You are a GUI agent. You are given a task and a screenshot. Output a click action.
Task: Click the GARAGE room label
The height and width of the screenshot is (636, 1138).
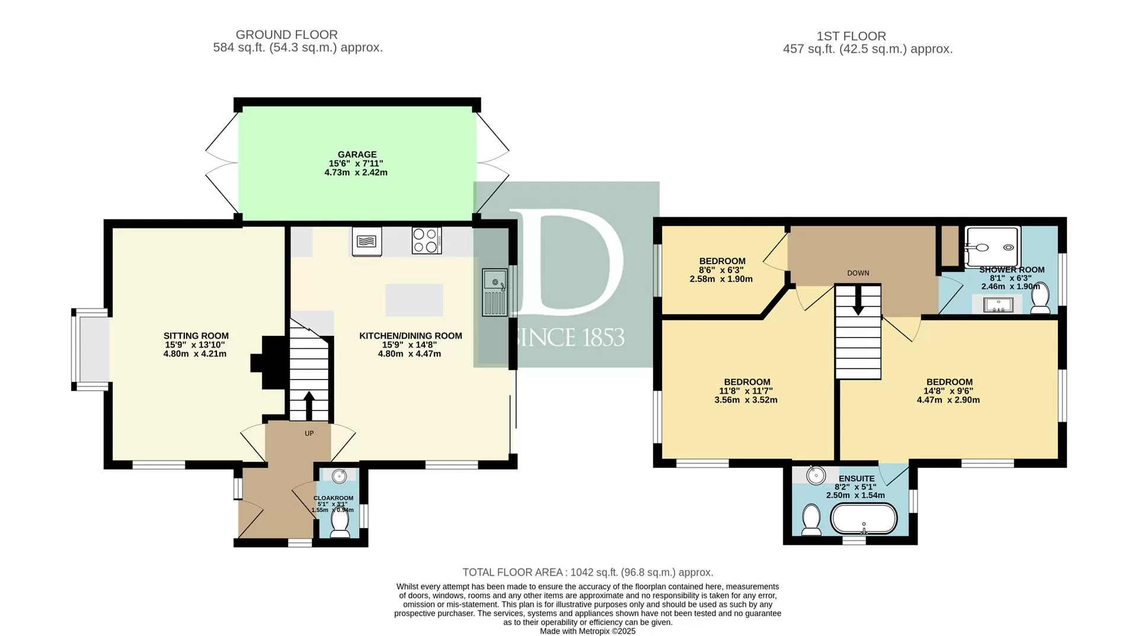point(357,155)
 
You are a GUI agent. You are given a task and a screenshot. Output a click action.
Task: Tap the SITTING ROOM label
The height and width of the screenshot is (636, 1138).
point(196,336)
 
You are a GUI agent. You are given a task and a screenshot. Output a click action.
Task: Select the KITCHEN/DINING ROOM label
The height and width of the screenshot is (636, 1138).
point(411,336)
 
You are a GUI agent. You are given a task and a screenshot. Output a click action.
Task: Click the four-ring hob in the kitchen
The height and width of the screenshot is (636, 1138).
point(427,240)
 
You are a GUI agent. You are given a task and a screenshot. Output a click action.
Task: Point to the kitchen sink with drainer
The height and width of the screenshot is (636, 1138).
point(494,292)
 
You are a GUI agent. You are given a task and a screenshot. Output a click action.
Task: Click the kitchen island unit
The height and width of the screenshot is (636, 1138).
point(414,300)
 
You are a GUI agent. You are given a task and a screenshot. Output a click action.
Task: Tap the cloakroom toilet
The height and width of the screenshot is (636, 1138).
point(340,523)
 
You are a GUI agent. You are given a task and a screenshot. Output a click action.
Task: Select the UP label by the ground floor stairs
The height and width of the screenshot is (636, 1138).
point(309,433)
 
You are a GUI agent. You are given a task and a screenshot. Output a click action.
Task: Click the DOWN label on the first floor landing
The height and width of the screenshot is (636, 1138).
point(858,273)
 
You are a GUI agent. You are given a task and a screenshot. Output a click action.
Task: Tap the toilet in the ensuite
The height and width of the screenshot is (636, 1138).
point(810,519)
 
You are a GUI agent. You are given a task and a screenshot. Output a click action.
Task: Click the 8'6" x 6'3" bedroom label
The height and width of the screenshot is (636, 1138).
point(721,270)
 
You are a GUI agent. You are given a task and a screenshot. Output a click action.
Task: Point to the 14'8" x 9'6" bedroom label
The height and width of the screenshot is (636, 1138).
point(948,391)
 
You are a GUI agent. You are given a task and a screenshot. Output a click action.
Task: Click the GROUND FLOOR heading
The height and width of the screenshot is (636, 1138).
point(287,35)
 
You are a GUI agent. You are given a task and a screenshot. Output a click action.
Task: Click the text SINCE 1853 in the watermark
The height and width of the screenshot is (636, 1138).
point(567,337)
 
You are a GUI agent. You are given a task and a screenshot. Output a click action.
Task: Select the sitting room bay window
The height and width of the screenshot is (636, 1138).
point(91,349)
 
